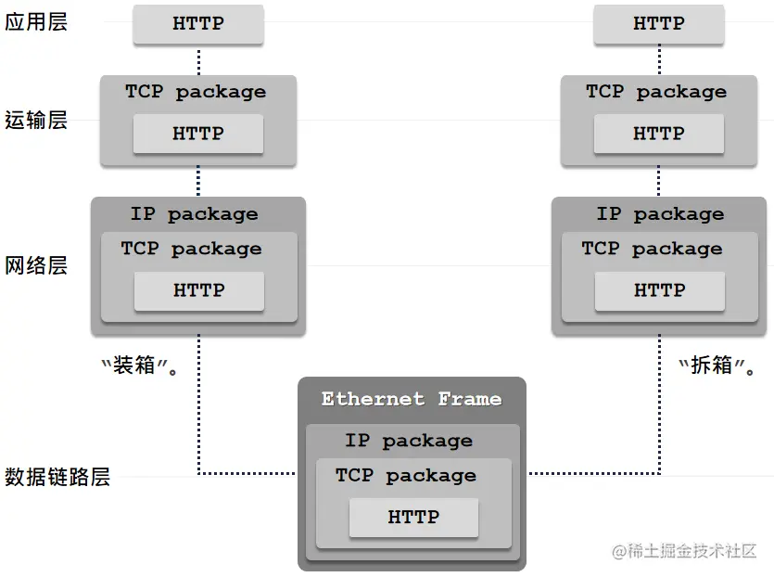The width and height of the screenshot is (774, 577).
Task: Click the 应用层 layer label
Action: coord(36,23)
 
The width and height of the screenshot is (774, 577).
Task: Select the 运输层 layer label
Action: coord(36,120)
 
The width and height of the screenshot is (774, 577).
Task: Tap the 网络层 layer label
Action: coord(36,266)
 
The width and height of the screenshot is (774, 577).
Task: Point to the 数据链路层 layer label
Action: coord(57,477)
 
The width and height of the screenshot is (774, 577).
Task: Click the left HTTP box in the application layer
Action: coord(198,24)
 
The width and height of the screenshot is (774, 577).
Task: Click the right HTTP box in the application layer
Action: coord(658,24)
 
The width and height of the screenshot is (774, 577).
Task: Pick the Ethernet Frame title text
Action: coord(412,399)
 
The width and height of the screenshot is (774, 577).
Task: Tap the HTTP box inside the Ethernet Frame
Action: coord(413,517)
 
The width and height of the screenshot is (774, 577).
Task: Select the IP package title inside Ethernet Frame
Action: coord(409,441)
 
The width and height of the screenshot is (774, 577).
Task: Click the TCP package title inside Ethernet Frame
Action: coord(406,476)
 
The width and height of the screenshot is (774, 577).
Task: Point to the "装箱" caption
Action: coord(139,365)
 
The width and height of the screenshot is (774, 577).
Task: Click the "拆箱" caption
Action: coord(717,365)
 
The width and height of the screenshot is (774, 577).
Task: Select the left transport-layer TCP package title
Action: coord(196,92)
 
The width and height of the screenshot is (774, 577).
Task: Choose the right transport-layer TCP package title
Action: coord(656,92)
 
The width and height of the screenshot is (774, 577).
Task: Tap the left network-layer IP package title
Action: coord(194,214)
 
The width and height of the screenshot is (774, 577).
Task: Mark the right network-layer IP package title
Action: coord(661,214)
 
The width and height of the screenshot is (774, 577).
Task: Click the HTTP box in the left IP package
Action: coord(199,290)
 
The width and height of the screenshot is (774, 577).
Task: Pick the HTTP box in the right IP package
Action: coord(660,290)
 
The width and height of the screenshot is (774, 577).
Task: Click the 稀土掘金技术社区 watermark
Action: coord(685,550)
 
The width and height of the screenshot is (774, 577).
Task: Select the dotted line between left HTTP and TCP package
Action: coord(198,60)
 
